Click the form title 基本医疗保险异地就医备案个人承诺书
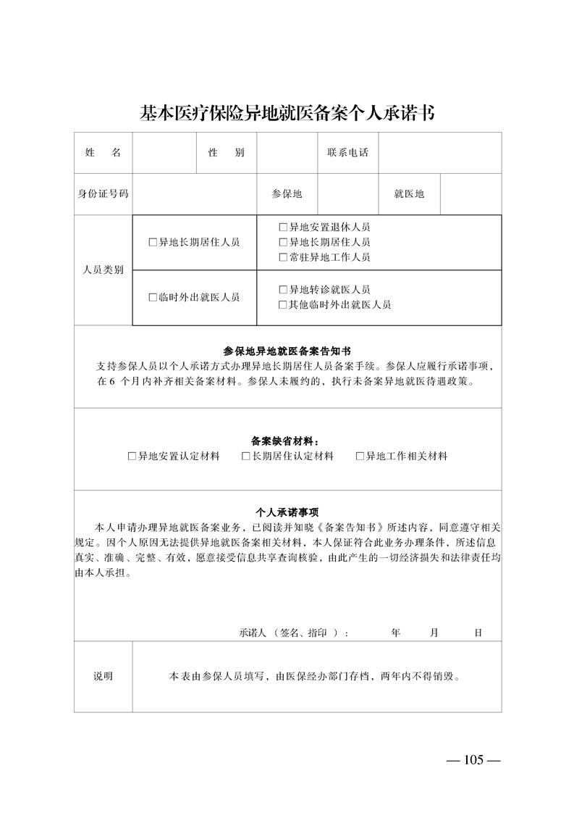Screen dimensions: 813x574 [287, 113]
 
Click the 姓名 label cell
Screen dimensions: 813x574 [103, 153]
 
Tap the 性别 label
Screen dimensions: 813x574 [226, 153]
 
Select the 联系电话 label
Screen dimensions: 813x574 [347, 153]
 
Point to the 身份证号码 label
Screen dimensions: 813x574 [103, 194]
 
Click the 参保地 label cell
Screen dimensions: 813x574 [287, 194]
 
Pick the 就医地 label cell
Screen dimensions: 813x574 [409, 194]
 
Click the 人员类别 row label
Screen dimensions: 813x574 [103, 270]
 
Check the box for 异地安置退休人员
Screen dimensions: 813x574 [283, 227]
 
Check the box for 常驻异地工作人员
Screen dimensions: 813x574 [283, 257]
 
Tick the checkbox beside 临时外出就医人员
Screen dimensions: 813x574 [152, 297]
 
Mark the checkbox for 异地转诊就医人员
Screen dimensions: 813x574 [283, 289]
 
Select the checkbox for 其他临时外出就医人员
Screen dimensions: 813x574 [283, 305]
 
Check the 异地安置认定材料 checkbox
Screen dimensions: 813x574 [132, 456]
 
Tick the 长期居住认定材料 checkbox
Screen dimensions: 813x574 [246, 456]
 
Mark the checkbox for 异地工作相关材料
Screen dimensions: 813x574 [360, 456]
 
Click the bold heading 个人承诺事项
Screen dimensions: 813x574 [287, 511]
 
